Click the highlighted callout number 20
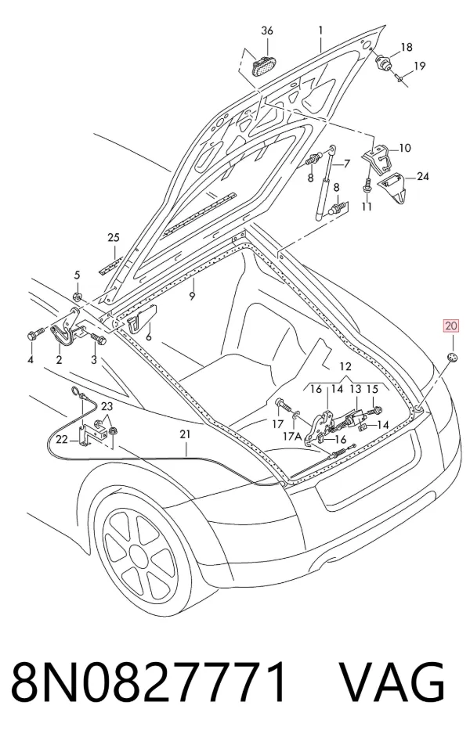451,326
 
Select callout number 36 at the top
267,31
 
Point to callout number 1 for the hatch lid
321,31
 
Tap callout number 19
419,65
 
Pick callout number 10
405,148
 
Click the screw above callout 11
367,185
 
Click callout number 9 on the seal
192,296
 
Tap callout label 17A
294,435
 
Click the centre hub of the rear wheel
139,556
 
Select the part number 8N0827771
150,682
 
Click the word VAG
392,682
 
